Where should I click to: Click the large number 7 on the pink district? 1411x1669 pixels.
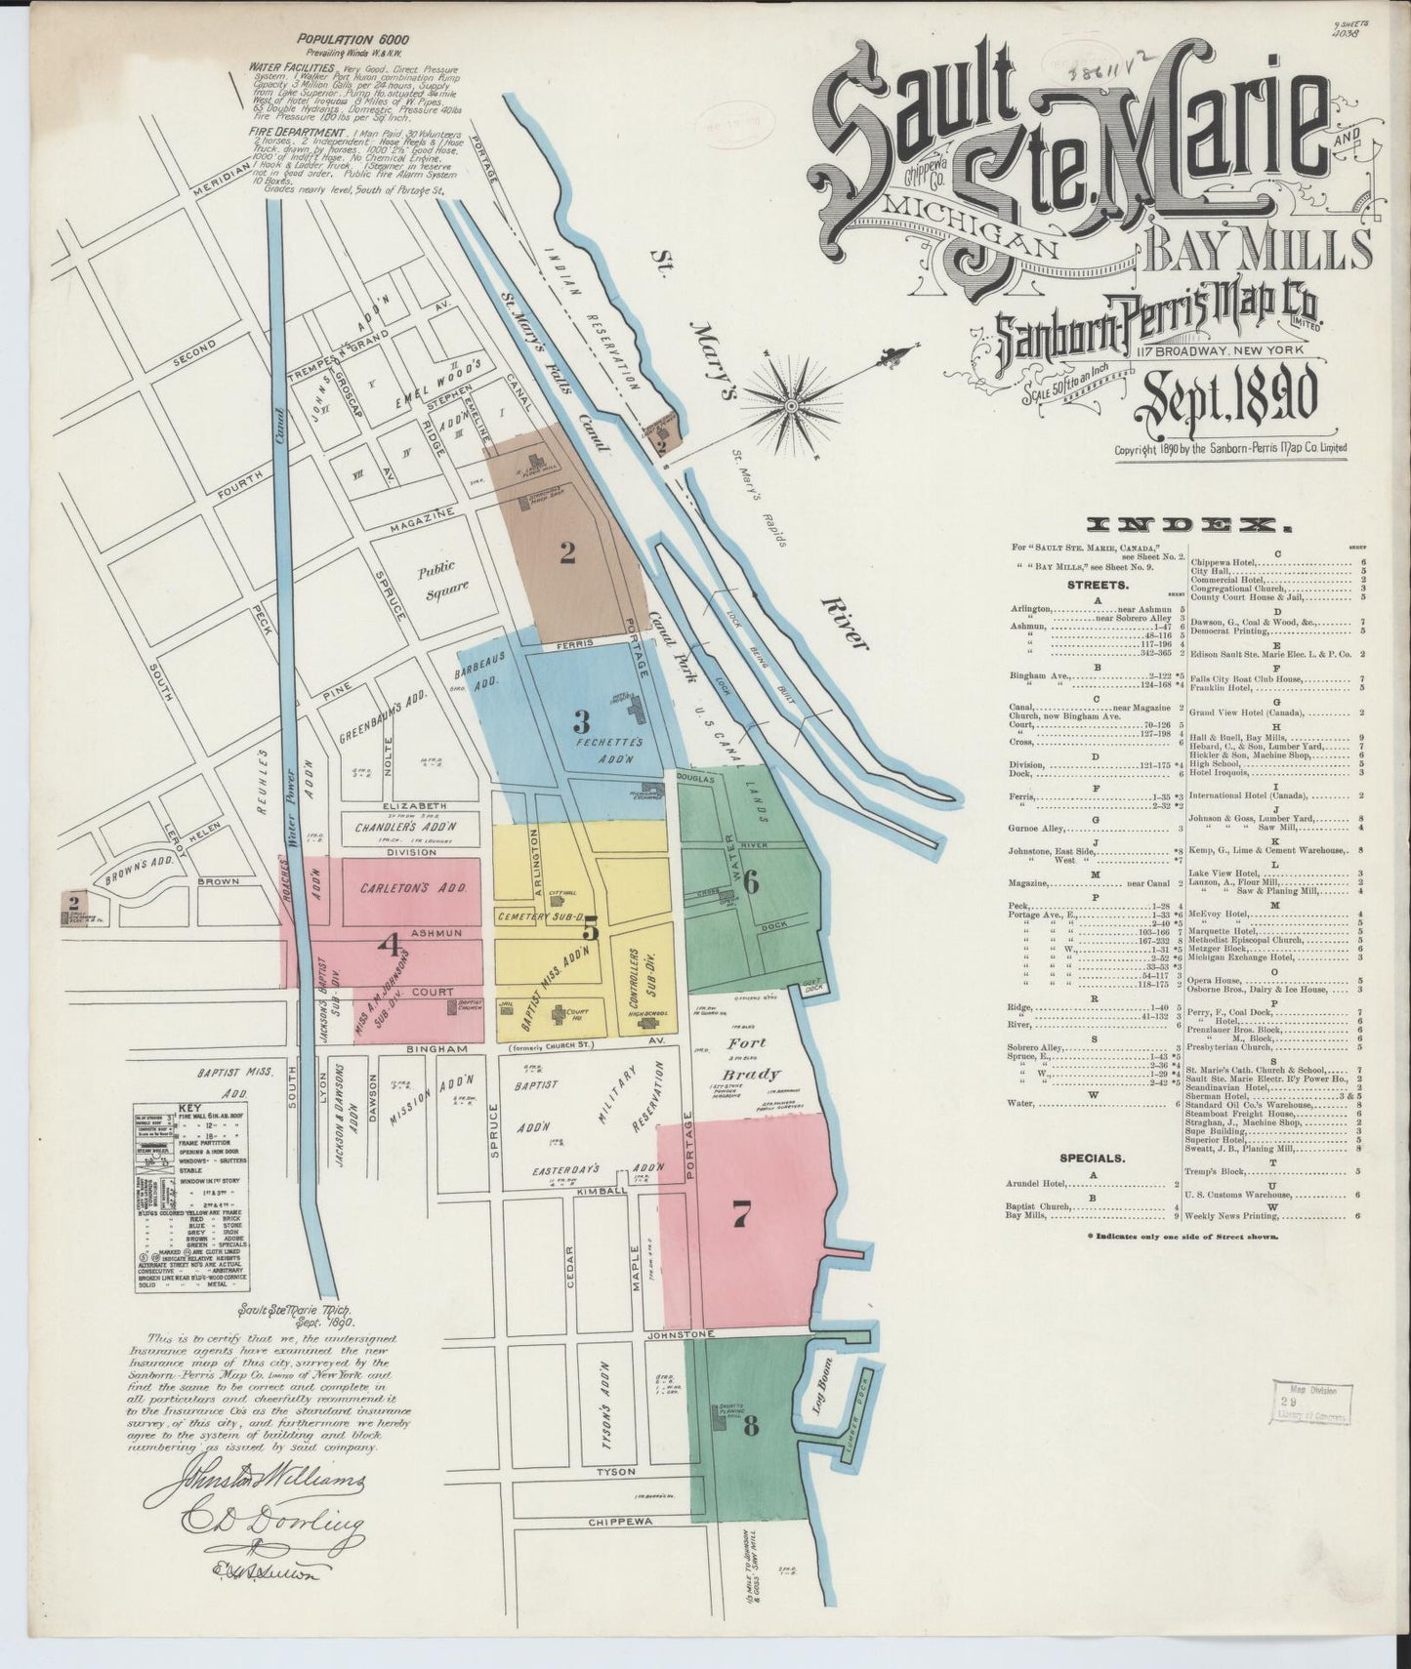click(x=742, y=1214)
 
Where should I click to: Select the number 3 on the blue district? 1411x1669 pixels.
click(x=582, y=722)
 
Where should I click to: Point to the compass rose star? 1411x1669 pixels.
click(x=795, y=397)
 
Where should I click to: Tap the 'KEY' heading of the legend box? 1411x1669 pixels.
click(x=188, y=1111)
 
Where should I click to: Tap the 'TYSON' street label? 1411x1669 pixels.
click(x=615, y=1471)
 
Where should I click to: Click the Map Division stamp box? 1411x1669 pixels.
click(x=1311, y=1402)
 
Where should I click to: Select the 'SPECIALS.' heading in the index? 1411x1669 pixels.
click(x=1093, y=1159)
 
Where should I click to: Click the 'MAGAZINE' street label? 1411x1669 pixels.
click(x=422, y=513)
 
